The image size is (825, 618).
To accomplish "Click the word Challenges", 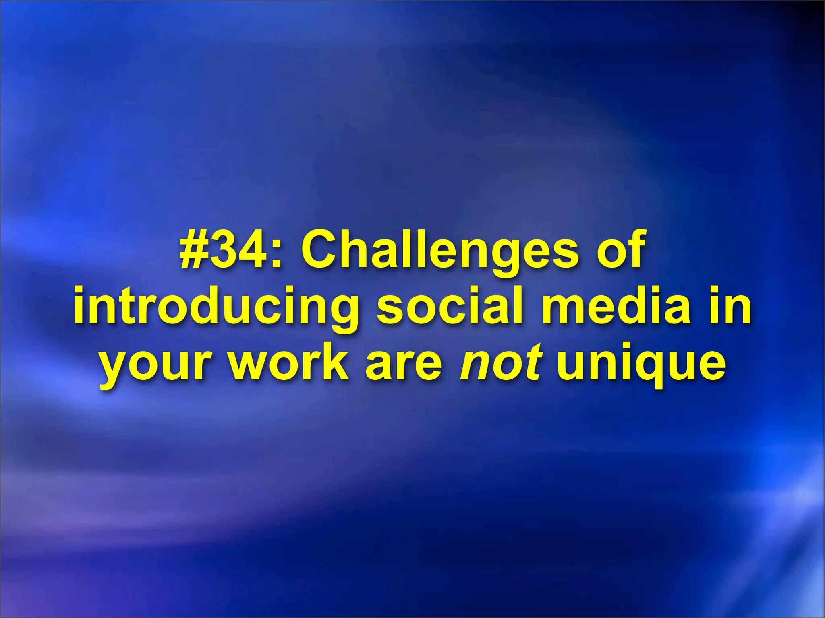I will pos(439,250).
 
